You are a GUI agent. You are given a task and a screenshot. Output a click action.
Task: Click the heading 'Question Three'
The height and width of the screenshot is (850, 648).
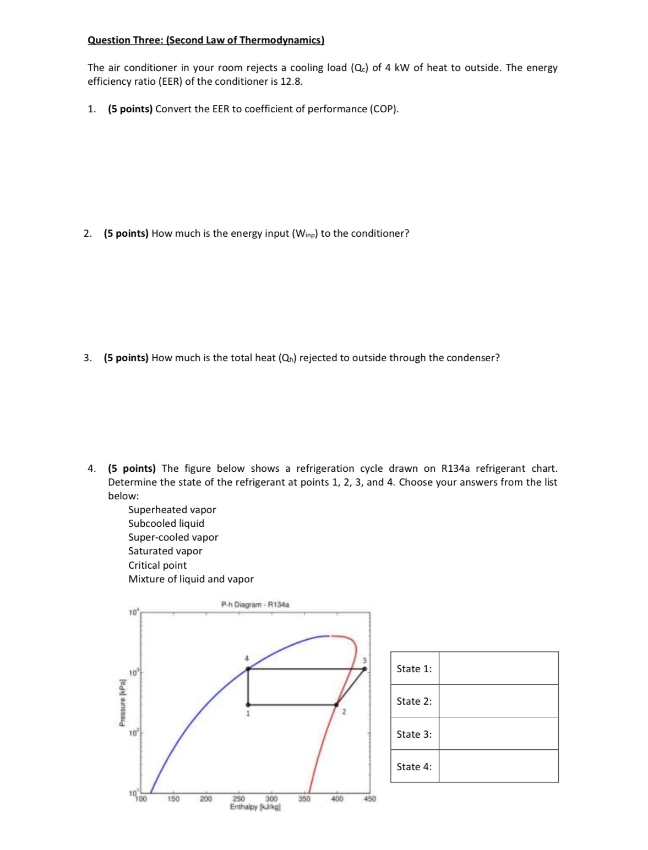point(205,40)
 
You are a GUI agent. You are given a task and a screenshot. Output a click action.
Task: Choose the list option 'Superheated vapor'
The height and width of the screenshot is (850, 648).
point(172,510)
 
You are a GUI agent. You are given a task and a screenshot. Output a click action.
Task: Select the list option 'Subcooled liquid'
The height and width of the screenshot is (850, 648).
point(166,524)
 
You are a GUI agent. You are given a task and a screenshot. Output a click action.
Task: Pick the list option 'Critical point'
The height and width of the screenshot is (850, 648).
point(157,565)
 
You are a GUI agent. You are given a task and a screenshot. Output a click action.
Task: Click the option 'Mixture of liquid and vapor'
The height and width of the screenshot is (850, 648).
point(190,579)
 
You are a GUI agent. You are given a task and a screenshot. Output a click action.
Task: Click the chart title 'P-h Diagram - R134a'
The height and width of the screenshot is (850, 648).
point(255,604)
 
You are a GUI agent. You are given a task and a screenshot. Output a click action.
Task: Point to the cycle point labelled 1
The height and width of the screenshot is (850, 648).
point(248,705)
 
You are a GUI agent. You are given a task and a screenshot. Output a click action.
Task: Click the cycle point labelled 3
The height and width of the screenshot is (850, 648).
point(364,669)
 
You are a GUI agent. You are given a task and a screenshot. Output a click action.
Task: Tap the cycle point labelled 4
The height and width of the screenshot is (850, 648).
point(248,669)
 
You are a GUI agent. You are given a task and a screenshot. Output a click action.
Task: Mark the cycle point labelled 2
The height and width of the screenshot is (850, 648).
point(336,705)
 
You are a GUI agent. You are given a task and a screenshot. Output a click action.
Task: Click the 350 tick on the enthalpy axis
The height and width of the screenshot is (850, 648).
point(304,799)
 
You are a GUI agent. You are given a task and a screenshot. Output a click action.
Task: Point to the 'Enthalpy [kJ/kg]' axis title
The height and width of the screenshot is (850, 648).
point(255,807)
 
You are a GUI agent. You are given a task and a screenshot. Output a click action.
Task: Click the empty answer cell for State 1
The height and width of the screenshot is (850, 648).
point(498,668)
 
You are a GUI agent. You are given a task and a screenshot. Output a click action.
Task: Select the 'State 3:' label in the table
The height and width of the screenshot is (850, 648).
point(414,734)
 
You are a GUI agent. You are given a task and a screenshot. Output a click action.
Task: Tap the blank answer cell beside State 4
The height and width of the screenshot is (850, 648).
point(498,766)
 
